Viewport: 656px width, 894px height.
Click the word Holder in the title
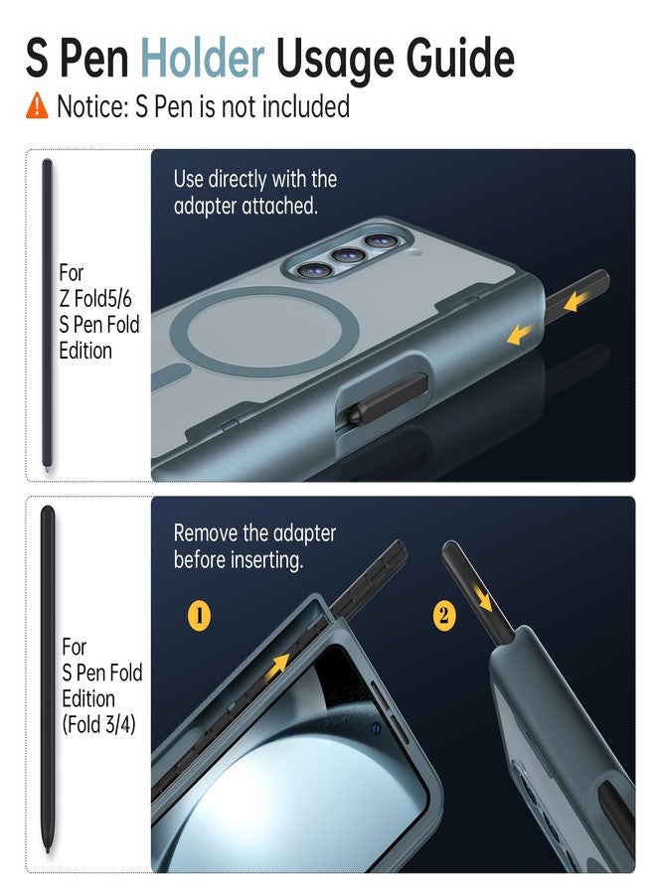coord(203,58)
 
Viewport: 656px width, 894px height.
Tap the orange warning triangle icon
coord(37,106)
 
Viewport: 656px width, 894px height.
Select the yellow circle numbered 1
coord(199,616)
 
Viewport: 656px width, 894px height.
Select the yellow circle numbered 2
coord(444,616)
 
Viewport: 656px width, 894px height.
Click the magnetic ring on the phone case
coord(265,331)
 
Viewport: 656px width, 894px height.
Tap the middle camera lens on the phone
coord(349,255)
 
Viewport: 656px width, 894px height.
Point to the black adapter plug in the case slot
coord(388,400)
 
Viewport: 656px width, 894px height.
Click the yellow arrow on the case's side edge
coord(520,335)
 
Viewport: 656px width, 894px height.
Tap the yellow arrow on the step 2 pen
coord(484,599)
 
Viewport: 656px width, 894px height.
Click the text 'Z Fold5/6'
coord(95,299)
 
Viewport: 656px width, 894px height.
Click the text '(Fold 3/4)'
coord(98,725)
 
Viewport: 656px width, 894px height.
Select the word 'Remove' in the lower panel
coord(206,533)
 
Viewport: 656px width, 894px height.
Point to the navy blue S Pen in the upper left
coord(48,315)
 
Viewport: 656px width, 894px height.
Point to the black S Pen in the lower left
coord(48,678)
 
